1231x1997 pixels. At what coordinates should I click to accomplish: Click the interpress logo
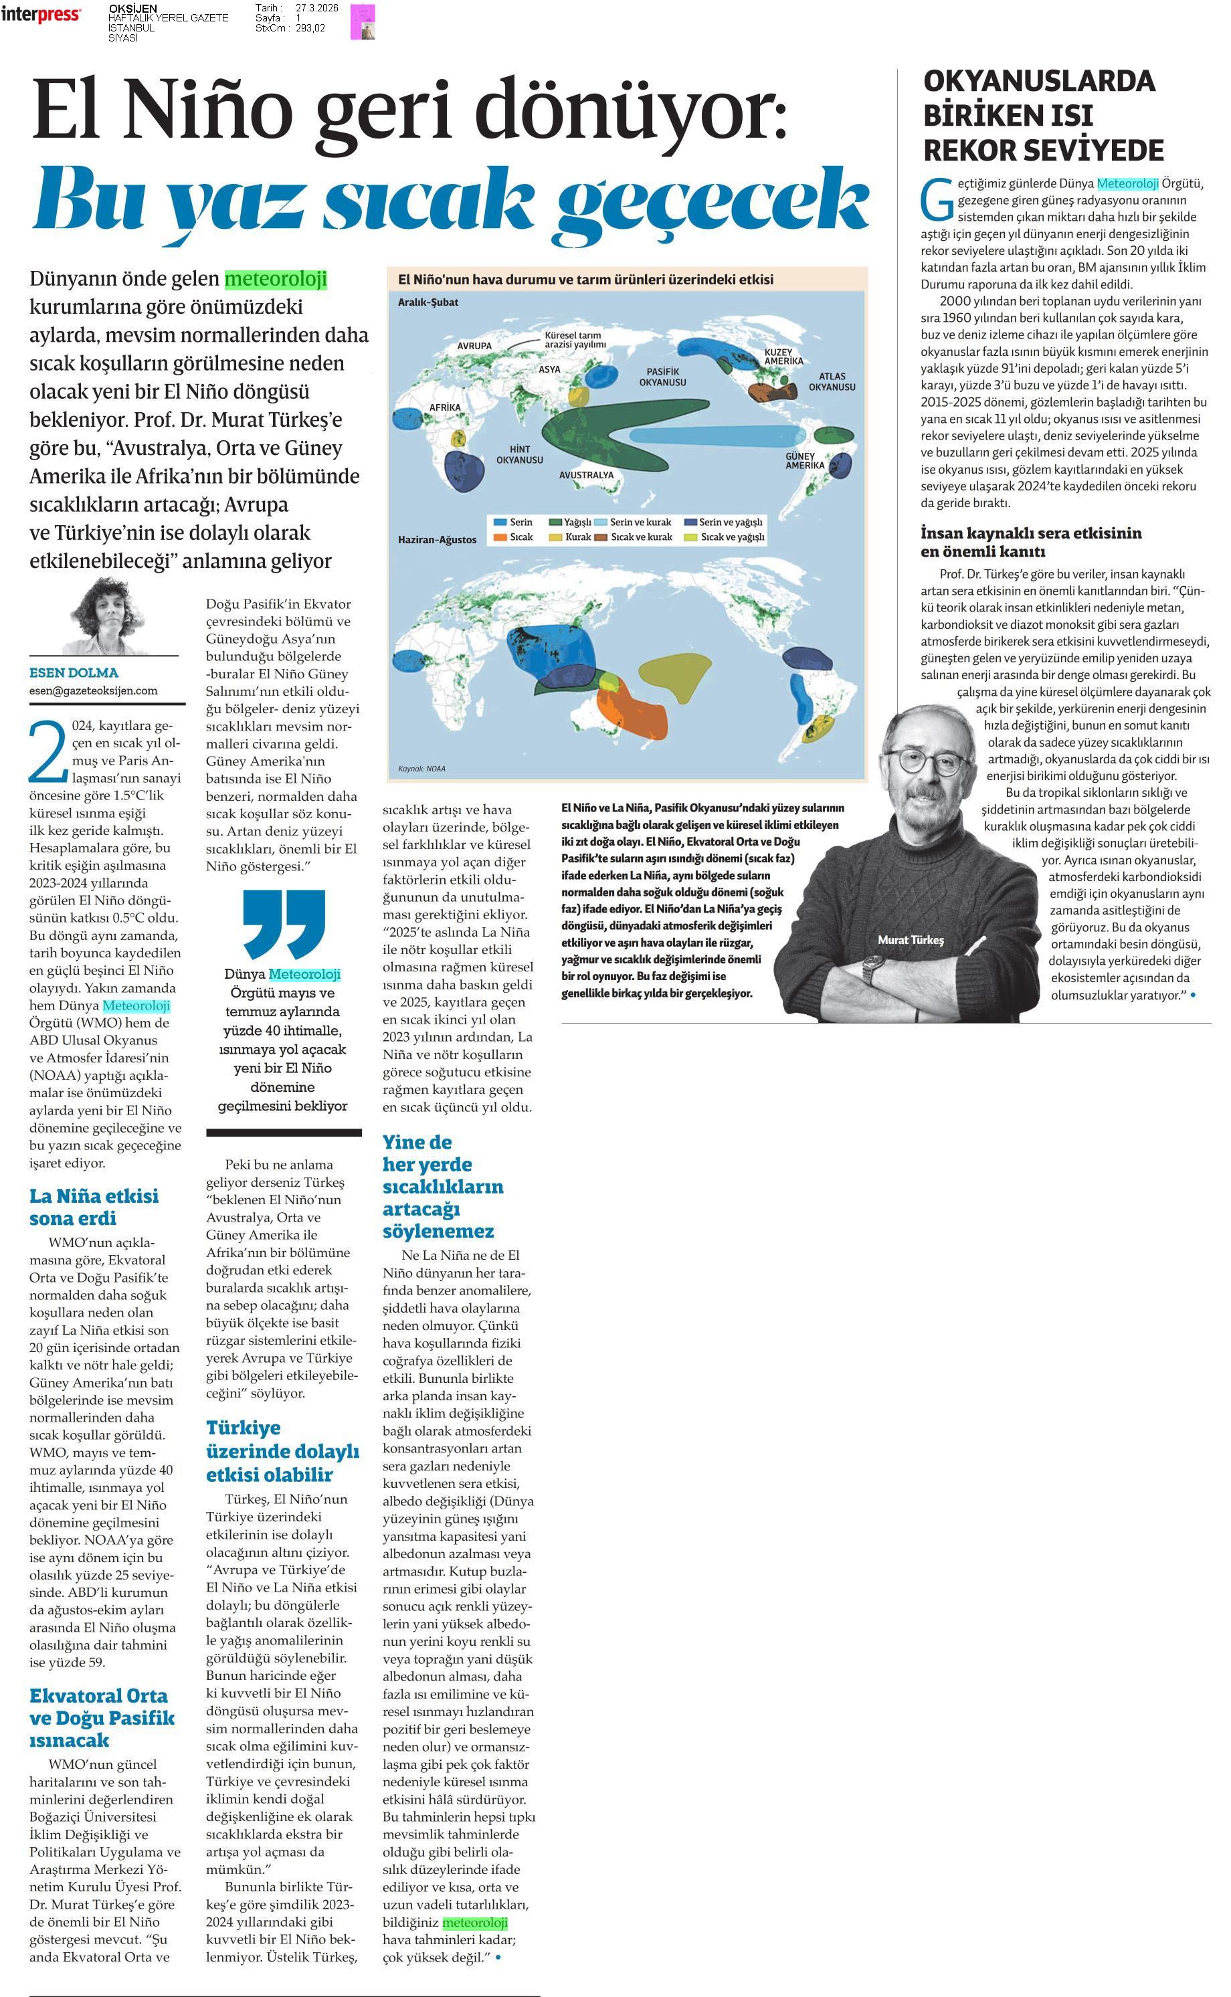(41, 14)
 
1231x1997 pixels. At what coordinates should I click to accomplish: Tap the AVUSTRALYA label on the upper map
(586, 474)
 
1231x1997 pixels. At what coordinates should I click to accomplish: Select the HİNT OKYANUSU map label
(519, 454)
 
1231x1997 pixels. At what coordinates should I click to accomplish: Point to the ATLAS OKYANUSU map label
(831, 382)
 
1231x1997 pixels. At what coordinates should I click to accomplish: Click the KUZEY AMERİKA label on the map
(783, 356)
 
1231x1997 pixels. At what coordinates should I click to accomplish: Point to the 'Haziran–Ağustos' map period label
(437, 540)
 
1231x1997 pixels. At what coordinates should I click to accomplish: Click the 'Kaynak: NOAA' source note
(421, 769)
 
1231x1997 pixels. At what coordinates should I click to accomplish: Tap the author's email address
(94, 690)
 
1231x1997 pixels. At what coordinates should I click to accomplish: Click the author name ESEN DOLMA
(74, 672)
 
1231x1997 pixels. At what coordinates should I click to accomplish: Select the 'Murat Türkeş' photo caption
(911, 939)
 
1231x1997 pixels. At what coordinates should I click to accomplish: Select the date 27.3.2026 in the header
(316, 8)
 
